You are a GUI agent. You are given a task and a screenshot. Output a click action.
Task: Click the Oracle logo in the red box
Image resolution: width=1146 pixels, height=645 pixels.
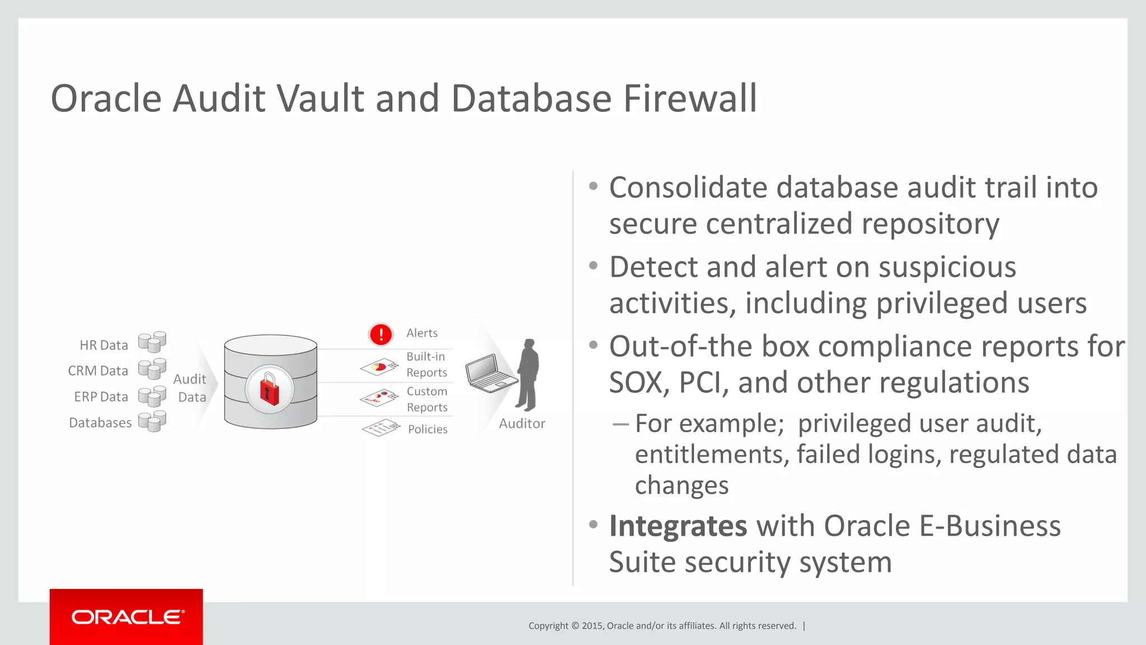(126, 617)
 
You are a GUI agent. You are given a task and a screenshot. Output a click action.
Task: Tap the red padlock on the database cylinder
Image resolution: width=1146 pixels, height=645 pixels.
(270, 389)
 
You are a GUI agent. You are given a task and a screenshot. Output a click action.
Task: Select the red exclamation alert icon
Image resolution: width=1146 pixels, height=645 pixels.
(381, 334)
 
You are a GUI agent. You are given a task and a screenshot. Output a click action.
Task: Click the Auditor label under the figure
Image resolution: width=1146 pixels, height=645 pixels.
(522, 424)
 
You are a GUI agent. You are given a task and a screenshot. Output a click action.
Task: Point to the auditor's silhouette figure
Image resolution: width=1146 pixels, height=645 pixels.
(528, 375)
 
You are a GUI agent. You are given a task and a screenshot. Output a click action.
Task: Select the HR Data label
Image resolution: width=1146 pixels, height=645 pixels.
(104, 345)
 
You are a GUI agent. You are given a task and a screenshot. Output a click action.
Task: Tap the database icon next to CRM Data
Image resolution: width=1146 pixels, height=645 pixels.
(152, 368)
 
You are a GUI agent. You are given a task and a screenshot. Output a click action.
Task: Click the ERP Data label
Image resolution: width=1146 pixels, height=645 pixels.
(101, 397)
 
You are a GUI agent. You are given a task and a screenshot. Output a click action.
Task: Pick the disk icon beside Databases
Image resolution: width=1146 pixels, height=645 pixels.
(152, 421)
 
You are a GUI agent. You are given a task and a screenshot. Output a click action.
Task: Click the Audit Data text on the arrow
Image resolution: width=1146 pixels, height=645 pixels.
(190, 388)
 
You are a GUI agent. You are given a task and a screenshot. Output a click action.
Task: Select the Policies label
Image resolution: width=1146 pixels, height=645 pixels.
(428, 429)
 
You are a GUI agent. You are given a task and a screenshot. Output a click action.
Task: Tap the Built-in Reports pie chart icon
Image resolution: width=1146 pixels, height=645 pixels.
(379, 367)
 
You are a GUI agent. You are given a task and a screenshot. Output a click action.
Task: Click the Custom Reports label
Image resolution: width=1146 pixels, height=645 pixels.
(427, 399)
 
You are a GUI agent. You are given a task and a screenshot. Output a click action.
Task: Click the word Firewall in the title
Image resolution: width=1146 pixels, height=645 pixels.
(690, 99)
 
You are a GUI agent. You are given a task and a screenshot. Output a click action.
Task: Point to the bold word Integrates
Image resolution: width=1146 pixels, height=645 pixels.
(678, 526)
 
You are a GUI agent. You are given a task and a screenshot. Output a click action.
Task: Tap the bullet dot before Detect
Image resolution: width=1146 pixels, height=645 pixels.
(593, 266)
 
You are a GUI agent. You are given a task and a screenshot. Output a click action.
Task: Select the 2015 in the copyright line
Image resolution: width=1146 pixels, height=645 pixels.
(592, 626)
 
